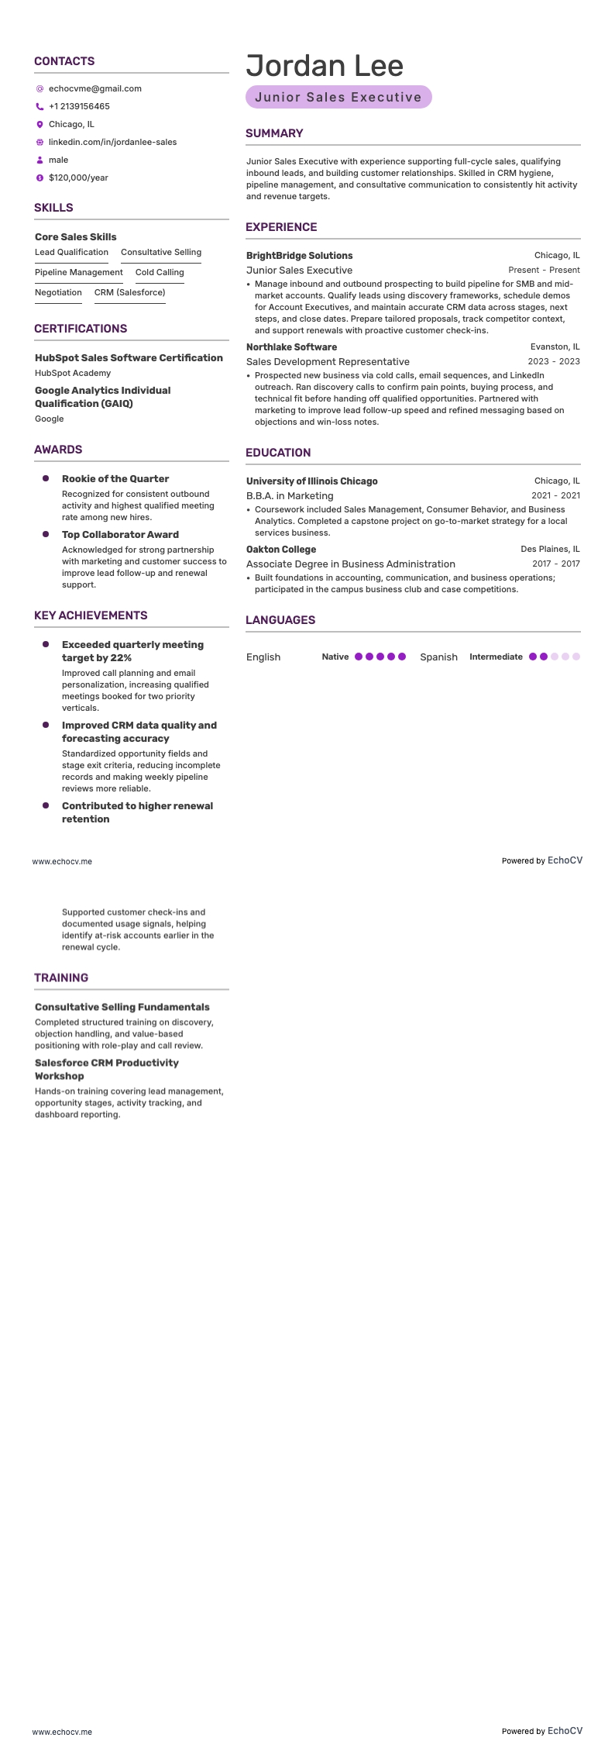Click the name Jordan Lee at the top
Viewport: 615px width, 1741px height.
coord(325,66)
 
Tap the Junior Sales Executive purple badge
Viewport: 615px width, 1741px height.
coord(338,97)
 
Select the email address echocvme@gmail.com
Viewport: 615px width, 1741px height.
coord(94,88)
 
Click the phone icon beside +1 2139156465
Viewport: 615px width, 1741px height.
coord(40,106)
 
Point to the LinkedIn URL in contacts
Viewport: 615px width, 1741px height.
coord(112,142)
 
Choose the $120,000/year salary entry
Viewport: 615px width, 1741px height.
coord(78,178)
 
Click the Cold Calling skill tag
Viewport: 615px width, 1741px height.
coord(160,272)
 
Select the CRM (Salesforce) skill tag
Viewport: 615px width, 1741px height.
coord(129,292)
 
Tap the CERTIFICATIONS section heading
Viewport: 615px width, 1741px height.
coord(81,329)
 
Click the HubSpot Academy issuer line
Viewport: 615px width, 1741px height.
coord(73,373)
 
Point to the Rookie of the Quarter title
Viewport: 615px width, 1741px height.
coord(115,479)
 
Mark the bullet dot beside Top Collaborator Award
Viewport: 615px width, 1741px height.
coord(46,534)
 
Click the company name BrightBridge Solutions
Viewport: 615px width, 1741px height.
coord(299,256)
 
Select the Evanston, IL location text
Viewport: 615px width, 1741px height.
coord(555,347)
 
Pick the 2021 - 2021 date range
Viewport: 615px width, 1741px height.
coord(555,495)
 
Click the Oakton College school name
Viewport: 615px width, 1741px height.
coord(281,550)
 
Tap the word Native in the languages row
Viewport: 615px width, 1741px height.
coord(335,657)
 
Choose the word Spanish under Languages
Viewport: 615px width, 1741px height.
coord(438,657)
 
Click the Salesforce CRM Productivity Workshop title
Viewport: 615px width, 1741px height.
coord(107,1069)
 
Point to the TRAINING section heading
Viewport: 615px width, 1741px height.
coord(61,977)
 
